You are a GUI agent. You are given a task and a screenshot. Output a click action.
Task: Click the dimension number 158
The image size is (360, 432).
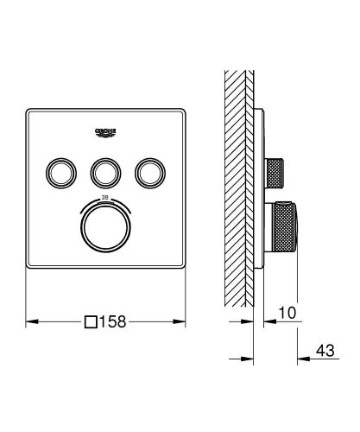pyautogui.click(x=118, y=322)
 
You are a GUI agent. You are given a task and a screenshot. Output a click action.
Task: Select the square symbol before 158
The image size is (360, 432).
pyautogui.click(x=91, y=322)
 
